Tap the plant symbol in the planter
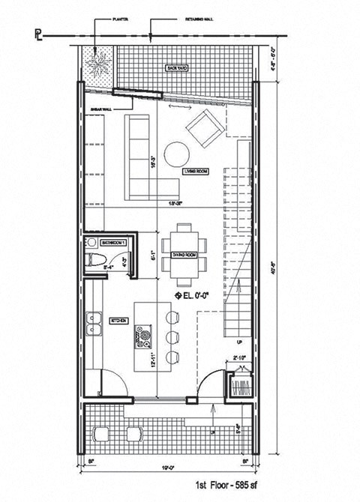pyautogui.click(x=96, y=62)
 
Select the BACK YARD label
pyautogui.click(x=178, y=68)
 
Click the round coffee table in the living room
pyautogui.click(x=178, y=154)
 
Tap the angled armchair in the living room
pyautogui.click(x=203, y=129)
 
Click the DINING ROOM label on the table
pyautogui.click(x=184, y=255)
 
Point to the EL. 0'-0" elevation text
pyautogui.click(x=197, y=294)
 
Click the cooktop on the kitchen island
pyautogui.click(x=140, y=335)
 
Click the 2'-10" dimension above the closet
pyautogui.click(x=240, y=357)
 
